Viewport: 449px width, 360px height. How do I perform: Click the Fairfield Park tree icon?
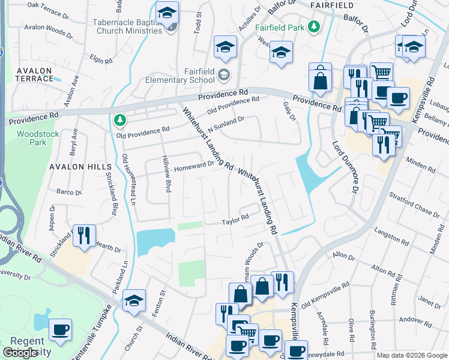coord(313,27)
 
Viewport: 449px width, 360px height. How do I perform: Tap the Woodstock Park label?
coord(38,138)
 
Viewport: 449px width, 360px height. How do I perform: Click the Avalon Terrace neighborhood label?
coord(34,74)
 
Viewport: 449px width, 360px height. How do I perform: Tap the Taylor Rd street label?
coord(235,220)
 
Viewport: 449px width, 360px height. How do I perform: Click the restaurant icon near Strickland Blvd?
coord(83,235)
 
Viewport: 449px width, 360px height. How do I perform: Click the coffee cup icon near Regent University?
coord(60,329)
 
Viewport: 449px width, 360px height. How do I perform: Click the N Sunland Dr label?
coord(225,123)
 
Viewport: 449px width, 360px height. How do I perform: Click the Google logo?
coord(20,353)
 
